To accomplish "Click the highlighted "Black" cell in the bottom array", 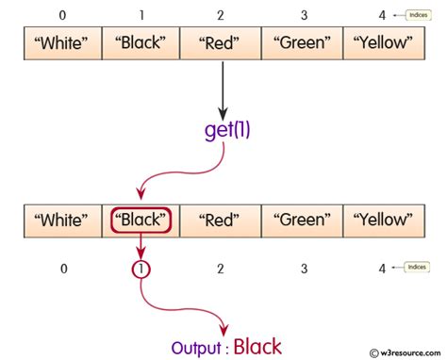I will point(141,221).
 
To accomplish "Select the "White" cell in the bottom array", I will point(63,221).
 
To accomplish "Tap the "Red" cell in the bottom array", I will point(221,221).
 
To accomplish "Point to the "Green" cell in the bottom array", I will point(302,221).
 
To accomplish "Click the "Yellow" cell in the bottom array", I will point(383,221).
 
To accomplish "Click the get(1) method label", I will point(226,130).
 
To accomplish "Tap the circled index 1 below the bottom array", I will point(141,269).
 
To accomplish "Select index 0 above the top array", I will point(63,14).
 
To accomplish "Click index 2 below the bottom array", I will point(221,269).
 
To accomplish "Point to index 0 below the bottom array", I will point(63,269).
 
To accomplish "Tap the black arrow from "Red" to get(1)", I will point(223,90).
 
